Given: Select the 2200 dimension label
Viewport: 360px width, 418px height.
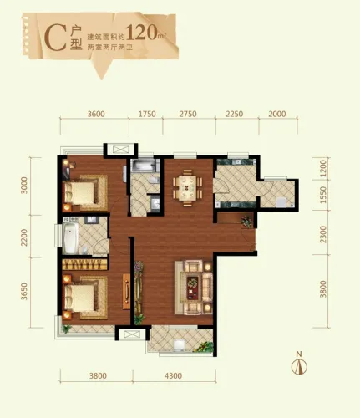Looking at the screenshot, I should [x=25, y=241].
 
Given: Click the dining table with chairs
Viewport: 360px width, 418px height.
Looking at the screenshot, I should [x=186, y=188].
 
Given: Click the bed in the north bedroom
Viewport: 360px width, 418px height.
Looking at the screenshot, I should [x=80, y=195].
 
